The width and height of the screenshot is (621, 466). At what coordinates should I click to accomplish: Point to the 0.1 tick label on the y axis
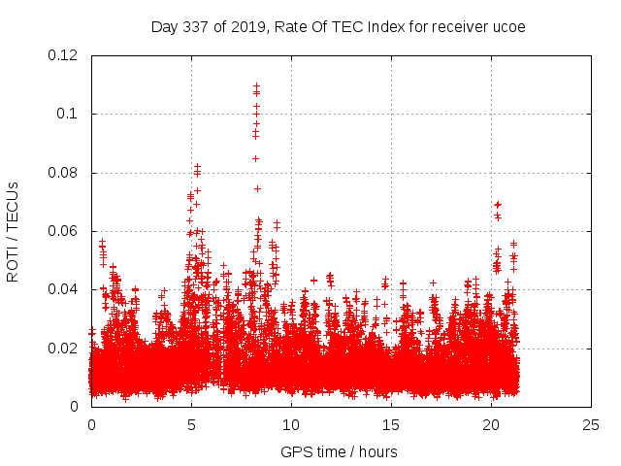[71, 114]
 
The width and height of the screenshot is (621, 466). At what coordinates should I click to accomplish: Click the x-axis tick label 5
[191, 424]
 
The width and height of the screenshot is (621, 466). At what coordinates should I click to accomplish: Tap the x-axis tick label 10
[291, 424]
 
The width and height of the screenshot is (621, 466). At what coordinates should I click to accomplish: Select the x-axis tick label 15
[391, 424]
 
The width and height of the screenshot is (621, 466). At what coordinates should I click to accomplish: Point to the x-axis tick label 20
[491, 424]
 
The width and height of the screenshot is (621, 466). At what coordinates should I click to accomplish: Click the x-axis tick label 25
[591, 424]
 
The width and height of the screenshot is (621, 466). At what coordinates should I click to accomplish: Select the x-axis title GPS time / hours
[339, 451]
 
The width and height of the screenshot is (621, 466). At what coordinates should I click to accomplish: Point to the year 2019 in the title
[247, 26]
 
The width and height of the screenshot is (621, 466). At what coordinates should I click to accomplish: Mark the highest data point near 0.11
[256, 85]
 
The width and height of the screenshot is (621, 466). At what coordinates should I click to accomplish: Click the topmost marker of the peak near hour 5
[198, 167]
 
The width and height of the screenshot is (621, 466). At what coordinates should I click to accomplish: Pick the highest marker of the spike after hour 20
[498, 204]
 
